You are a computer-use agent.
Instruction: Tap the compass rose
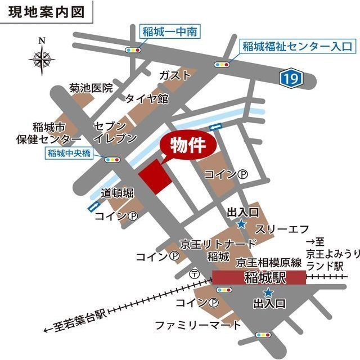(42, 57)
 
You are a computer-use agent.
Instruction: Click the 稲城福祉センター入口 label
(297, 46)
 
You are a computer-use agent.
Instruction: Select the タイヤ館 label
(147, 98)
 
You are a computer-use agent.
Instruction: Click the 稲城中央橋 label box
(71, 152)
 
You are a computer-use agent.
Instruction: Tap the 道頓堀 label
(117, 193)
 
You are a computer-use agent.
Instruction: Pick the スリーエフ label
(282, 229)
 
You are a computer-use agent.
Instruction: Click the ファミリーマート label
(198, 325)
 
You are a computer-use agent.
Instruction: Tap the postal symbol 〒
(195, 274)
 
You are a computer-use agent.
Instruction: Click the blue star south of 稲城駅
(268, 292)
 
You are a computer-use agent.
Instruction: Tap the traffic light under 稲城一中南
(133, 50)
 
